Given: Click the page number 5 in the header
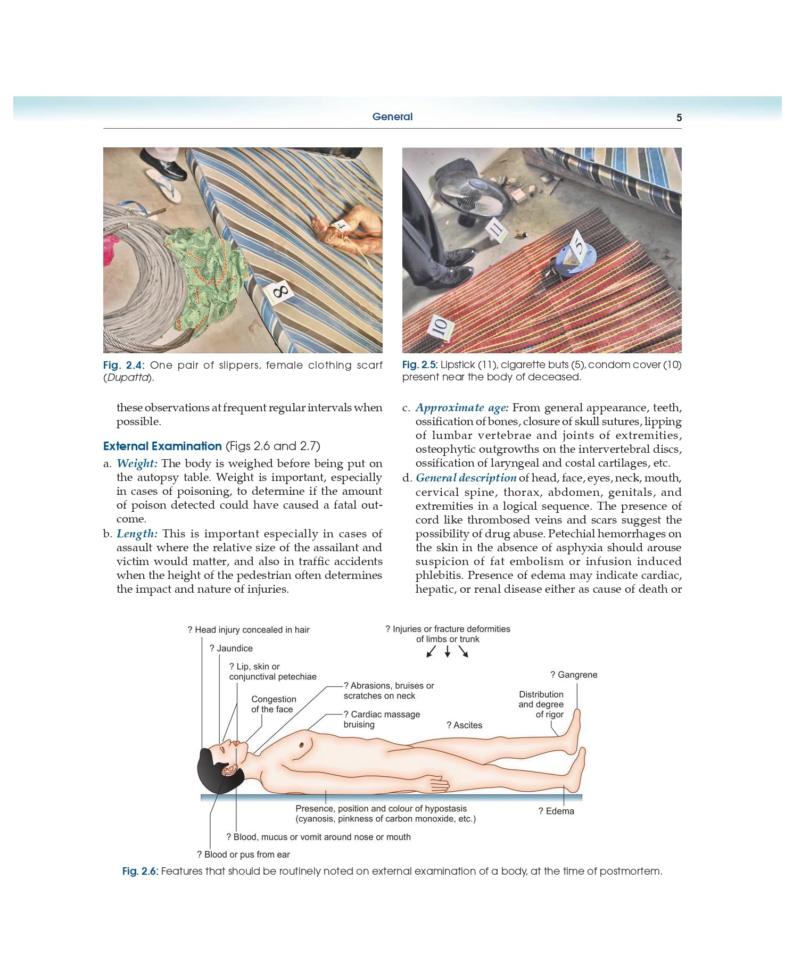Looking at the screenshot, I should pos(679,118).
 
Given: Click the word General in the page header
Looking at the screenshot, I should pos(392,117).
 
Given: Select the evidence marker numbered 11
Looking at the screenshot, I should pos(496,230).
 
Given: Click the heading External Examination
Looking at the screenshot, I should pos(162,446).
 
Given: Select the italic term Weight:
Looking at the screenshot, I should pos(137,463).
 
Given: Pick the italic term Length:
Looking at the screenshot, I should pos(137,534).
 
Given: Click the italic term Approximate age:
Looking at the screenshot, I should pos(462,408).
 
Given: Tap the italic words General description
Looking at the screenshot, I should pos(466,478).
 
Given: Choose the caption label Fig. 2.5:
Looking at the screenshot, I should pos(419,364).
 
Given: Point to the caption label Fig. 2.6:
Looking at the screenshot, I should pos(140,871).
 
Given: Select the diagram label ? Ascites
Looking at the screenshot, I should pos(464,725).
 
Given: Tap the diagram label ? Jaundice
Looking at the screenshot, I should pos(231,648).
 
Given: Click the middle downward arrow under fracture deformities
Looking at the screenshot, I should pos(448,651).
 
